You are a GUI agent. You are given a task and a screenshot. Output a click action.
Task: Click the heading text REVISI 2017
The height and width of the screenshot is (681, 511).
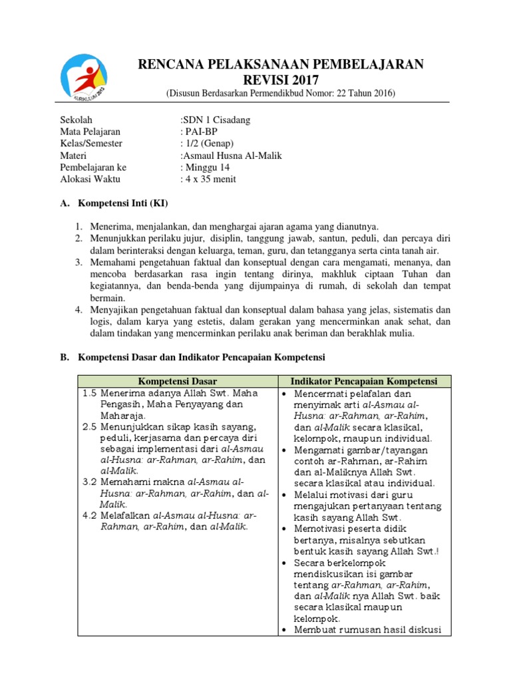pos(280,80)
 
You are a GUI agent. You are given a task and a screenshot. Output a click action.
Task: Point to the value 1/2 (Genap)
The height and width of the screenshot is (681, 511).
pos(208,144)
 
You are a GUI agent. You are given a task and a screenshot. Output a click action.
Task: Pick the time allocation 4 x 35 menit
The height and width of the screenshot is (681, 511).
pos(208,180)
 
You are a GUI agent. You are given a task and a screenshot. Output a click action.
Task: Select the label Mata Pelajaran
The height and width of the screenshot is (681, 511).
pos(90,132)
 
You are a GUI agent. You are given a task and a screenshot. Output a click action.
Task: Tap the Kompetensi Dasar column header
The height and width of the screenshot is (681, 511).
pos(177,381)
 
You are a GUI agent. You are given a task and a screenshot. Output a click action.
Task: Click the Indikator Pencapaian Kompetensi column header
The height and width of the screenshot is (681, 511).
pos(364,381)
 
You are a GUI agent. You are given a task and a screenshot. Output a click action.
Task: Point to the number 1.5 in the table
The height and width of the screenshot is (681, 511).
pos(90,393)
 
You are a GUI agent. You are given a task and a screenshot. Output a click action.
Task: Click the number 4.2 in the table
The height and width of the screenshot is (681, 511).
pos(90,515)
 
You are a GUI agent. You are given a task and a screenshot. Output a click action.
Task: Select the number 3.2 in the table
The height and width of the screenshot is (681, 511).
pos(90,481)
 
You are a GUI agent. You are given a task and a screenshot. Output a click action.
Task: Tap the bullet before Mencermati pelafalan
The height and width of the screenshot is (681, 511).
pos(284,393)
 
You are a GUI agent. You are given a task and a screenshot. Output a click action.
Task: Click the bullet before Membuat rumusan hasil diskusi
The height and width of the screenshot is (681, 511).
pos(284,630)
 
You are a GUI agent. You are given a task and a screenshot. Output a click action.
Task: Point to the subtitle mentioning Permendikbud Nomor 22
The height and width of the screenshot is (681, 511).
pos(280,93)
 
